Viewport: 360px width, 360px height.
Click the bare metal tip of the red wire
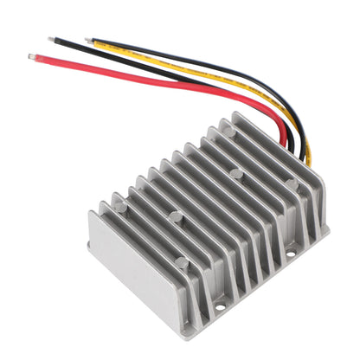(32, 58)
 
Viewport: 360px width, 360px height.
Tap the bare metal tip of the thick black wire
(52, 39)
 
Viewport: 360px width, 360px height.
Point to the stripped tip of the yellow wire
(89, 39)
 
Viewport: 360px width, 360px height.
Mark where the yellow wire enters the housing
(307, 160)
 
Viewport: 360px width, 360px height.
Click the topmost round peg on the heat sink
(229, 132)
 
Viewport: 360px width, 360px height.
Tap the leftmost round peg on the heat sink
(120, 208)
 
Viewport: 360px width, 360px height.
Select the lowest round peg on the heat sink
(181, 261)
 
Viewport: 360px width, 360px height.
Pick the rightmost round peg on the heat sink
(292, 183)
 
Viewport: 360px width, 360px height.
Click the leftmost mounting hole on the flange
(221, 305)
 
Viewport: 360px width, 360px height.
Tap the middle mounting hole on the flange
(290, 256)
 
